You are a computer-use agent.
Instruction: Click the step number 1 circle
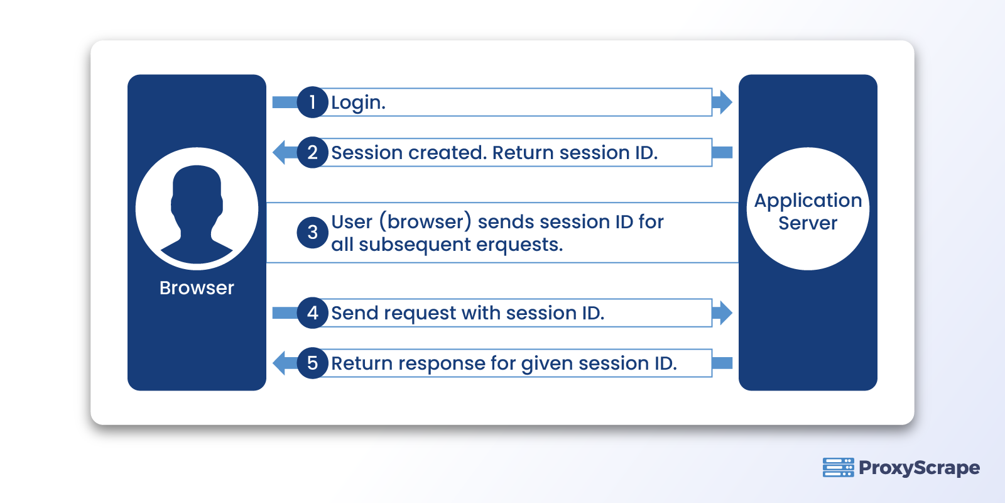tap(312, 102)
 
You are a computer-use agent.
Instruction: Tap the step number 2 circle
tap(312, 152)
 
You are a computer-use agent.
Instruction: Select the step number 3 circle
tap(312, 233)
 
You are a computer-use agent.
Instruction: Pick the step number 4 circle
tap(312, 312)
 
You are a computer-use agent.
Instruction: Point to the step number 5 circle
tap(312, 363)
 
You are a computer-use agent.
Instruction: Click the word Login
tap(358, 102)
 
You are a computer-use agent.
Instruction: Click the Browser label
tap(197, 288)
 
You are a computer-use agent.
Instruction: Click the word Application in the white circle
tap(808, 201)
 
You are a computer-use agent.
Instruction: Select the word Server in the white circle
tap(808, 223)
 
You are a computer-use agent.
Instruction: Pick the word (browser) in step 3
tap(425, 222)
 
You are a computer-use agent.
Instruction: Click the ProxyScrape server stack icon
tap(838, 468)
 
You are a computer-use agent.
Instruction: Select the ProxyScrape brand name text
tap(919, 468)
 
